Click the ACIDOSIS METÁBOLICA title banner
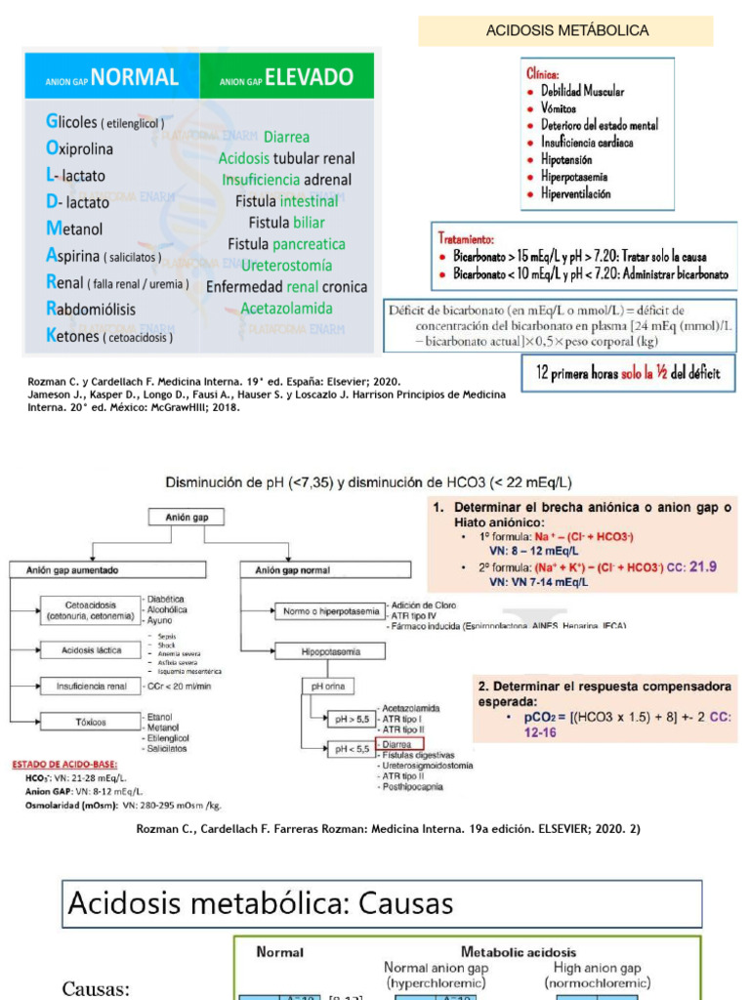click(567, 30)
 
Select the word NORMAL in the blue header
click(136, 77)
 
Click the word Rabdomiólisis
click(91, 309)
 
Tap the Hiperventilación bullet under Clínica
click(575, 194)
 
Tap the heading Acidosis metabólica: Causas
click(261, 903)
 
